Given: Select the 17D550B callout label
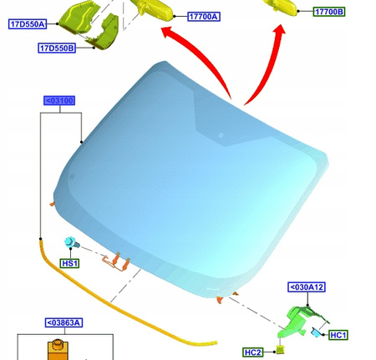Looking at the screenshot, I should click(x=57, y=48).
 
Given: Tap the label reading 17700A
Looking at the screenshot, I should click(x=203, y=17).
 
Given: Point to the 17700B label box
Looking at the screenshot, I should click(x=328, y=12).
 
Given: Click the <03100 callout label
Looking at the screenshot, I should click(x=60, y=101).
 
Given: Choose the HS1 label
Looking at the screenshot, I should click(x=69, y=263).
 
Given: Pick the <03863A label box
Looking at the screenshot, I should click(x=64, y=322).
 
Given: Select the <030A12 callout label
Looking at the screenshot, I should click(x=307, y=286).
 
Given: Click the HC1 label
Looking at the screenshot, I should click(x=338, y=335).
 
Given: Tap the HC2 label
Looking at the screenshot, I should click(x=253, y=352).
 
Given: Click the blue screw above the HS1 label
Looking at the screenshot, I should click(x=72, y=244).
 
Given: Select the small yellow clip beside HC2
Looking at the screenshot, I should click(x=281, y=349).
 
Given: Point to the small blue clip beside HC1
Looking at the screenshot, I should click(x=316, y=332).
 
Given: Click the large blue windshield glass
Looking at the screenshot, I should click(x=192, y=175).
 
